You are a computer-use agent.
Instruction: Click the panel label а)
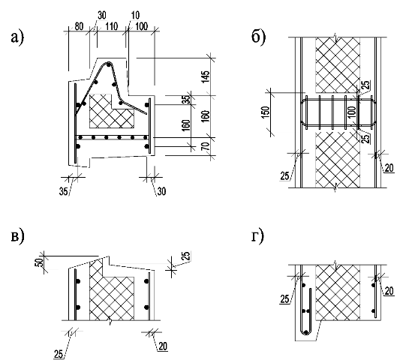[x=17, y=37]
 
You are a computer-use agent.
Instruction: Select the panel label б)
[x=258, y=36]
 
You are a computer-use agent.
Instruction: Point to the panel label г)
[x=257, y=235]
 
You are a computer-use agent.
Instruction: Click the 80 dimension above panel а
[x=79, y=27]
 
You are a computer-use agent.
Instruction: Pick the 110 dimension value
[x=111, y=27]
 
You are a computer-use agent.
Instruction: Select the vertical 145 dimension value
[x=206, y=76]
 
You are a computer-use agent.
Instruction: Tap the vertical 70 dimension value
[x=206, y=147]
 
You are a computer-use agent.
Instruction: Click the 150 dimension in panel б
[x=266, y=112]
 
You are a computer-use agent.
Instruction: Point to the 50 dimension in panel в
[x=39, y=262]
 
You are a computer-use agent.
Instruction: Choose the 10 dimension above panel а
[x=135, y=15]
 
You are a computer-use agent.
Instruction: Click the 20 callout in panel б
[x=389, y=168]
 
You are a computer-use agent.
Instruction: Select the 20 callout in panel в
[x=163, y=346]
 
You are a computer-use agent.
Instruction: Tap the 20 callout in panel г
[x=389, y=291]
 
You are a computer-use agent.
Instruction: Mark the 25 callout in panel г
[x=284, y=299]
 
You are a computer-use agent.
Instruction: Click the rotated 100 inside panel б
[x=353, y=112]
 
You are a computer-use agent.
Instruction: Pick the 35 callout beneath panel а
[x=64, y=191]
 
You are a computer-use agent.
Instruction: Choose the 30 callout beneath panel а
[x=161, y=191]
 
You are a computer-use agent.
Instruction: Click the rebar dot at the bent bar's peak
[x=109, y=64]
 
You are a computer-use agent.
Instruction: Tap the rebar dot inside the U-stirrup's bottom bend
[x=306, y=332]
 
